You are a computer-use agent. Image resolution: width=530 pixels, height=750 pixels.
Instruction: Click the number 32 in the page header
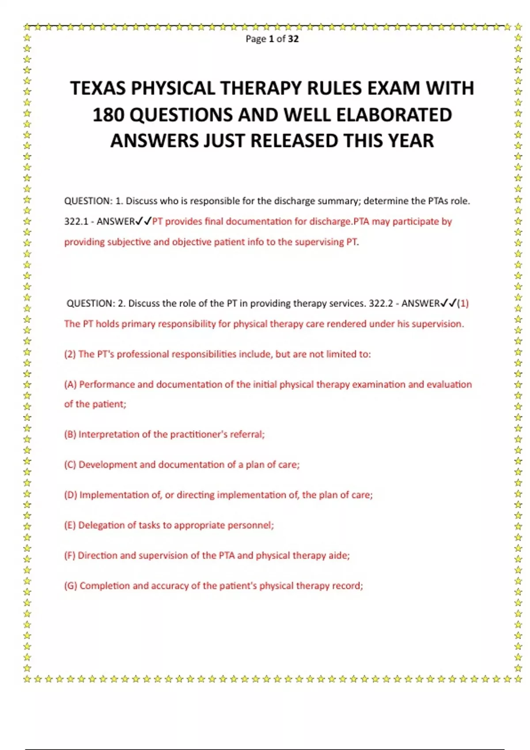[x=293, y=39]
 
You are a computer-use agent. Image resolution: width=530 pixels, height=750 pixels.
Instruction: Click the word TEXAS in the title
[x=98, y=88]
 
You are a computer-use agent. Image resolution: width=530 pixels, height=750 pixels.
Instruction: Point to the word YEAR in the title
[x=411, y=141]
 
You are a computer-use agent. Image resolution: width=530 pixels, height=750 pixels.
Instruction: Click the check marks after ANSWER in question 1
[x=144, y=221]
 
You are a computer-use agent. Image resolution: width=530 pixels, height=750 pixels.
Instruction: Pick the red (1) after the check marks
[x=463, y=304]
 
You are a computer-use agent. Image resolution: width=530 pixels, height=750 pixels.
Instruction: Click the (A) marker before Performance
[x=70, y=384]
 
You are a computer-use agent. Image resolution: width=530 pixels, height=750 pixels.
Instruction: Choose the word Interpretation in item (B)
[x=109, y=435]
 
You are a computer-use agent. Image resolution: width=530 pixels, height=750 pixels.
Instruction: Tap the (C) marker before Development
[x=70, y=465]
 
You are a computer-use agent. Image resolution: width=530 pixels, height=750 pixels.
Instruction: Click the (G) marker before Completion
[x=71, y=586]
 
